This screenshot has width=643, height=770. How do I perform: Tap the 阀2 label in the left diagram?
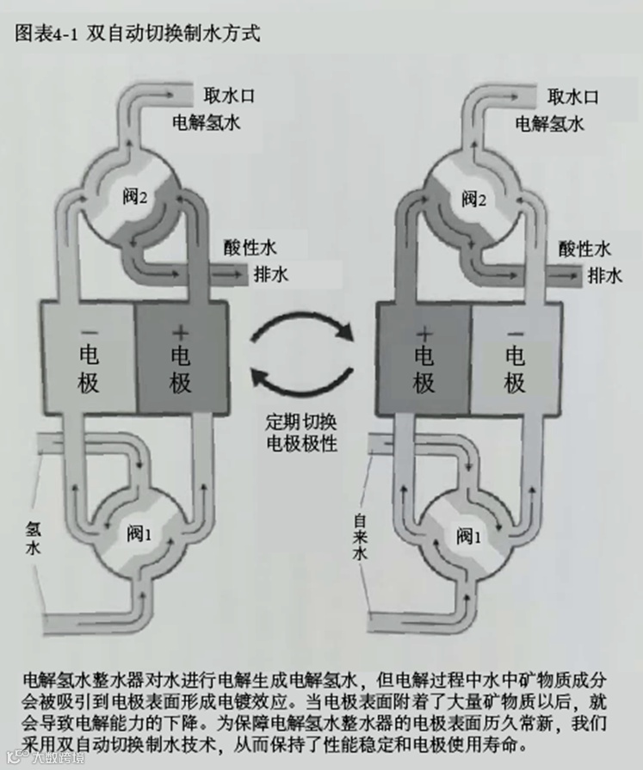(x=135, y=198)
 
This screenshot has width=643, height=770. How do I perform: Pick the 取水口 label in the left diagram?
(x=230, y=95)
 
